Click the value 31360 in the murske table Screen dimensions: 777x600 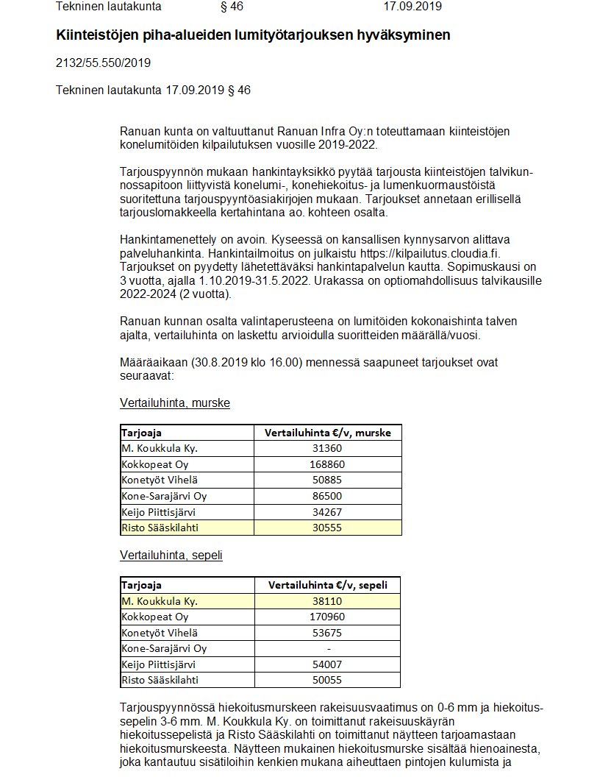click(327, 448)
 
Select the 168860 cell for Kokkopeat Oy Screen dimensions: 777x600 click(327, 464)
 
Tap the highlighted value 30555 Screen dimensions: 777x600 click(327, 528)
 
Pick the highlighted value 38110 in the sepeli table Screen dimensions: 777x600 click(327, 601)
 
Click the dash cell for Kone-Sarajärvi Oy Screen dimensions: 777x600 click(328, 648)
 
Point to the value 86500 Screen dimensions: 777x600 click(327, 496)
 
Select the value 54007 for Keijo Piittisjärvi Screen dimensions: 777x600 click(327, 664)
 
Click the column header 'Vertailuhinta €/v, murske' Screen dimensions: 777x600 click(327, 433)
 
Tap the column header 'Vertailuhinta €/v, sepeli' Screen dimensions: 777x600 click(327, 586)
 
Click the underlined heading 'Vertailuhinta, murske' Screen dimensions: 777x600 click(174, 403)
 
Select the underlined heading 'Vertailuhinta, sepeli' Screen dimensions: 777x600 click(171, 556)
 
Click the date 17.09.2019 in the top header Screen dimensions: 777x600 click(413, 7)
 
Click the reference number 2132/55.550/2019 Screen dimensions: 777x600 click(103, 63)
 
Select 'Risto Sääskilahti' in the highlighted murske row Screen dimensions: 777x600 click(160, 528)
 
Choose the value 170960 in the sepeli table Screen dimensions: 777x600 click(327, 617)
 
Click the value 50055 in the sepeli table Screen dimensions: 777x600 click(327, 680)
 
